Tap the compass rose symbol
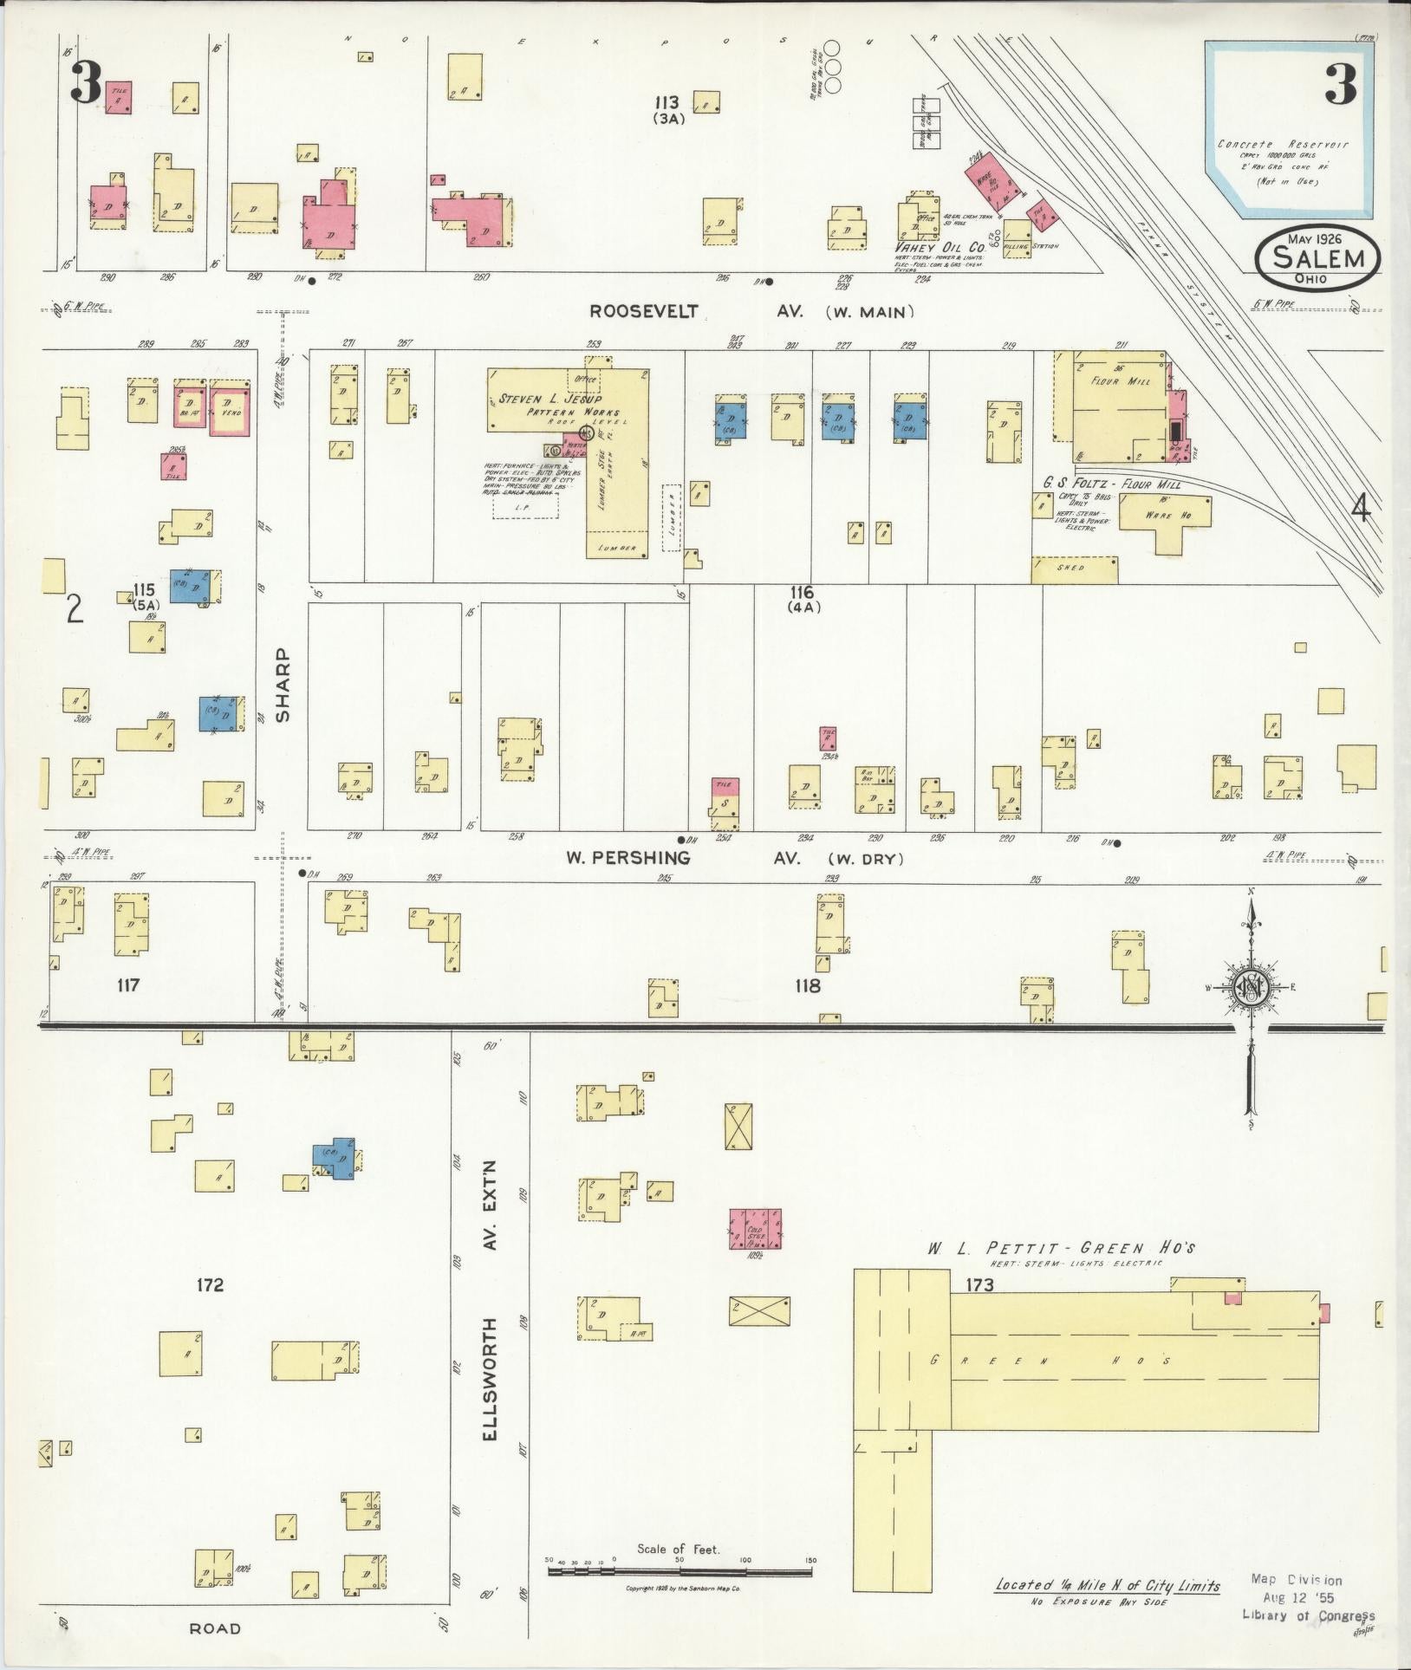tap(1251, 987)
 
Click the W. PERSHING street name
tap(628, 858)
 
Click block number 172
tap(210, 1284)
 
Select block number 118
tap(807, 985)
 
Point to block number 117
tap(127, 984)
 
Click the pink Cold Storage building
tap(754, 1229)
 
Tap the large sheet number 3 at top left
tap(86, 84)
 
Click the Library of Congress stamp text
tap(1308, 1615)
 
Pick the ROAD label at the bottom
tap(215, 1628)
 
